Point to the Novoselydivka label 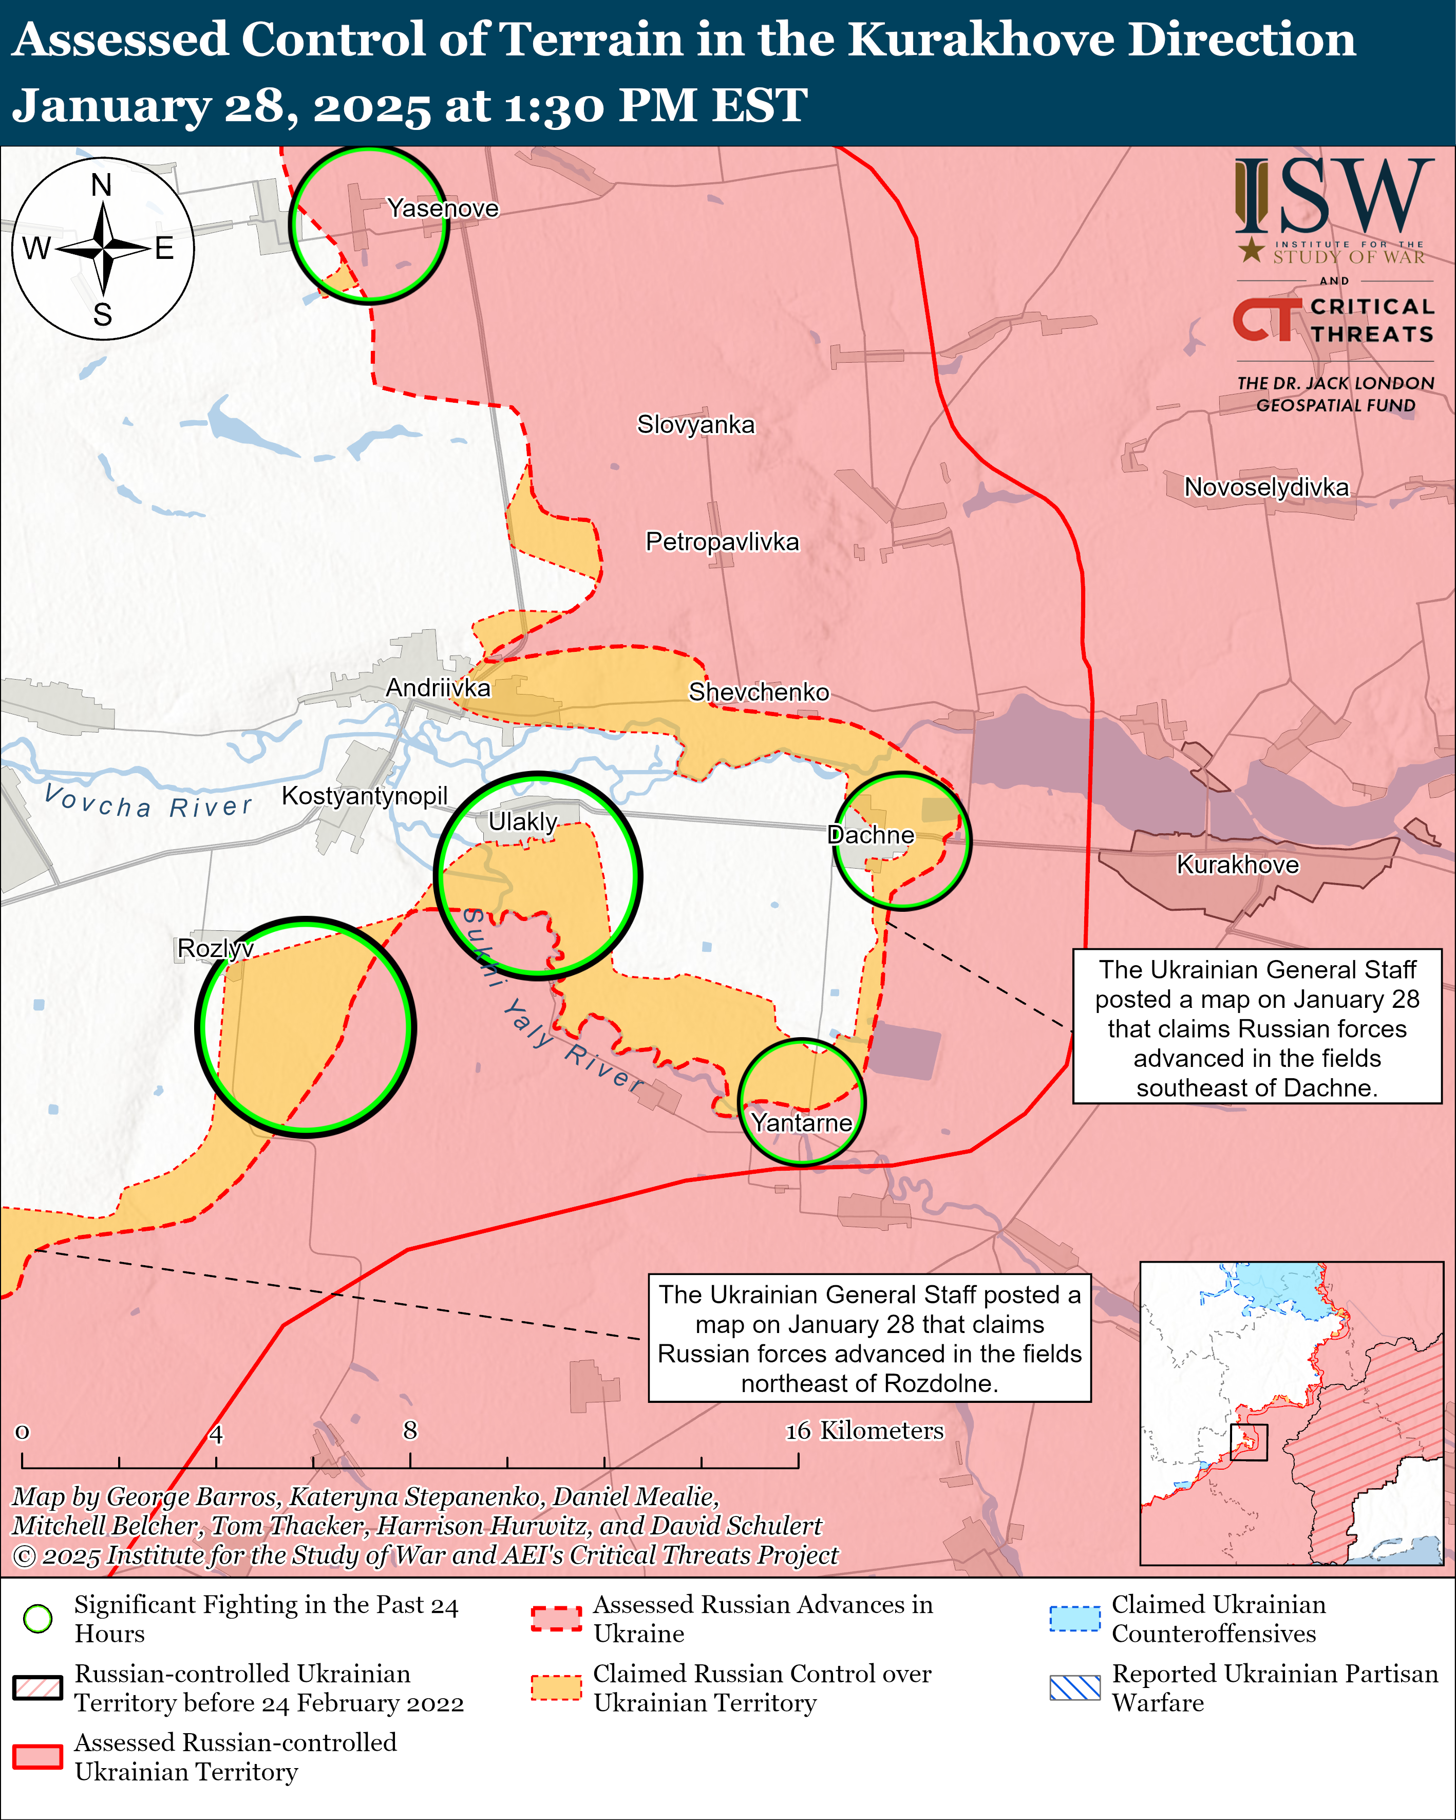(1266, 487)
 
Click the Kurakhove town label (1237, 865)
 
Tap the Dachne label (870, 835)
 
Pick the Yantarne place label (801, 1123)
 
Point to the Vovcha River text (148, 802)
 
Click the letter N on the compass (101, 185)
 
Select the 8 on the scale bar (410, 1430)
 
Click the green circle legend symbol (38, 1618)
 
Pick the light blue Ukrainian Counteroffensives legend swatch (1074, 1618)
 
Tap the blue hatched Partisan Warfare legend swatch (1074, 1687)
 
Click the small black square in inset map (1249, 1442)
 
